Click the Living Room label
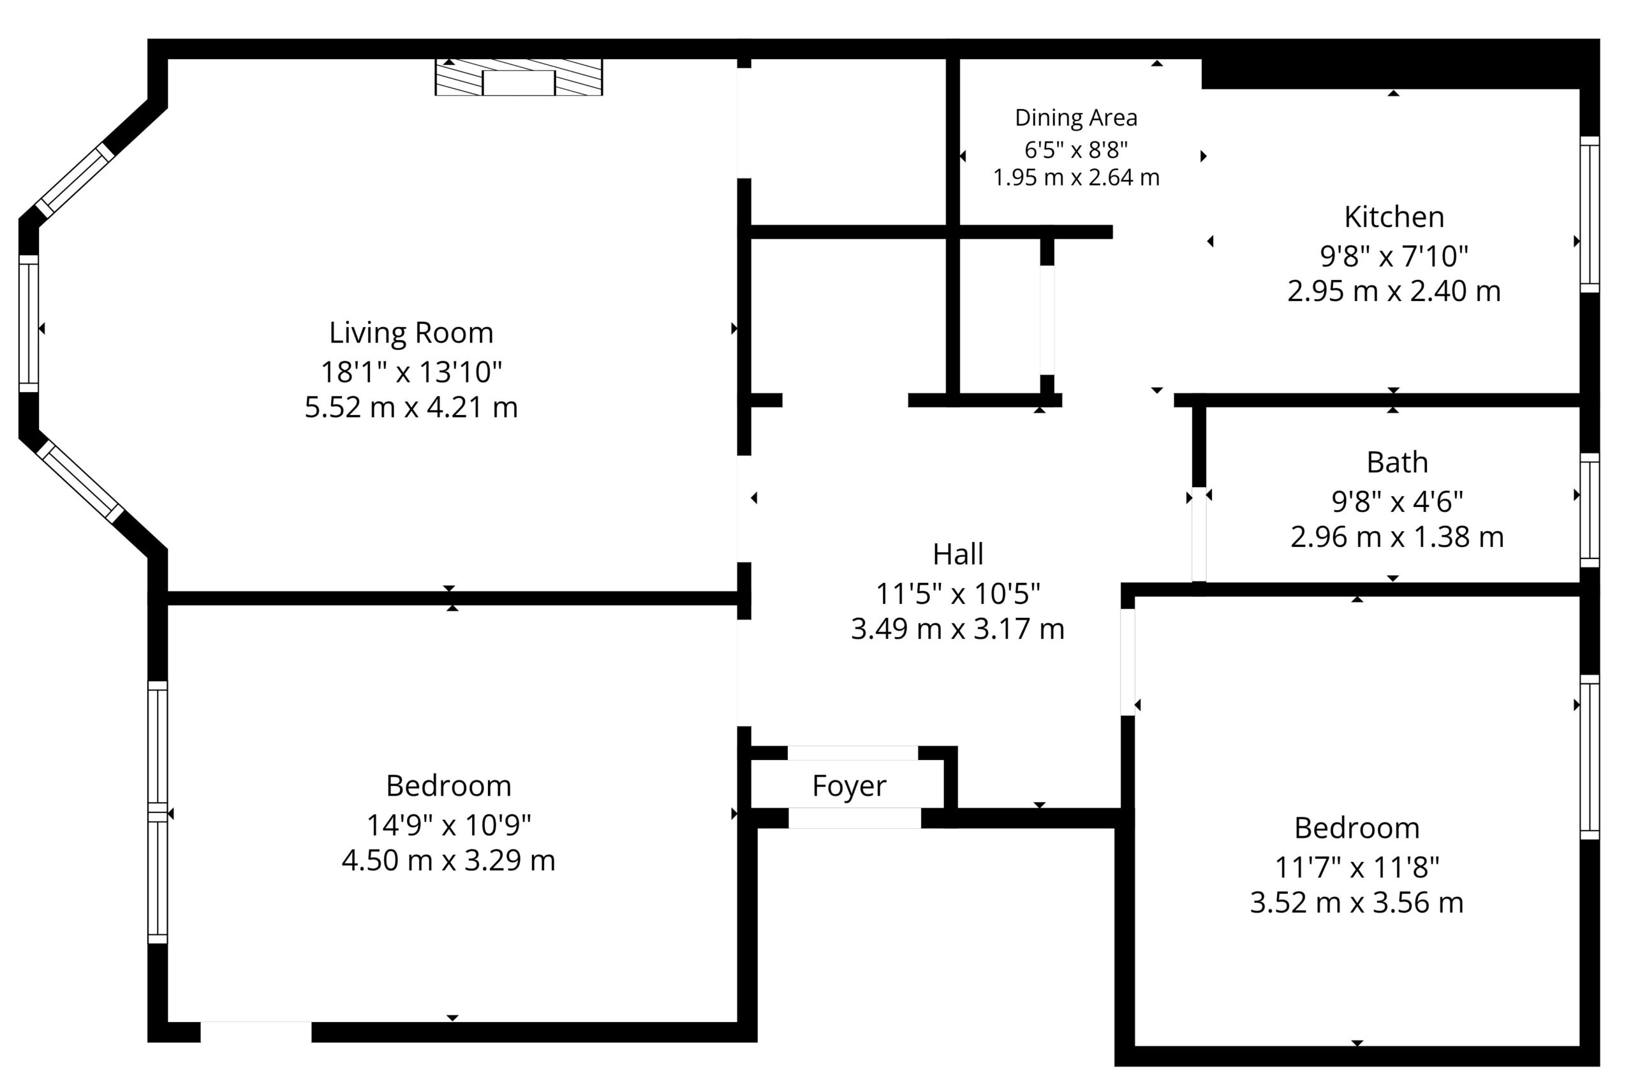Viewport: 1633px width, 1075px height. tap(411, 333)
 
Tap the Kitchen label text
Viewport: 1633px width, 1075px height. tap(1394, 217)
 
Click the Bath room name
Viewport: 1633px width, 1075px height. tap(1397, 462)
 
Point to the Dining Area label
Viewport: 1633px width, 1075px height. tap(1076, 118)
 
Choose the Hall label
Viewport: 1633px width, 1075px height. tap(958, 554)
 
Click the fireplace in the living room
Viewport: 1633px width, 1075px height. tap(519, 78)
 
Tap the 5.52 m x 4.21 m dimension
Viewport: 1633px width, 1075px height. tap(411, 407)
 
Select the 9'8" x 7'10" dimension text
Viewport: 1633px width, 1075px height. tap(1394, 256)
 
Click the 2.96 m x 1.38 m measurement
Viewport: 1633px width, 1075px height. tap(1397, 536)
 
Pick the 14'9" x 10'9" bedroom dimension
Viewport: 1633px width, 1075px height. tap(448, 825)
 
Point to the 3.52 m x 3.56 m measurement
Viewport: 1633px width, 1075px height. tap(1357, 903)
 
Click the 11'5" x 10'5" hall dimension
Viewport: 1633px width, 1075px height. tap(958, 594)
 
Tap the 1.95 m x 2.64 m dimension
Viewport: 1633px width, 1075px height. tap(1076, 178)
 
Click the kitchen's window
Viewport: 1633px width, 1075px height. tap(1590, 215)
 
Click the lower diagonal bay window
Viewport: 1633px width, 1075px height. tap(80, 483)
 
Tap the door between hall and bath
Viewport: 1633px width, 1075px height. tap(1199, 534)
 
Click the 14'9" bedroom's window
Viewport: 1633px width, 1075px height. tap(158, 812)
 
